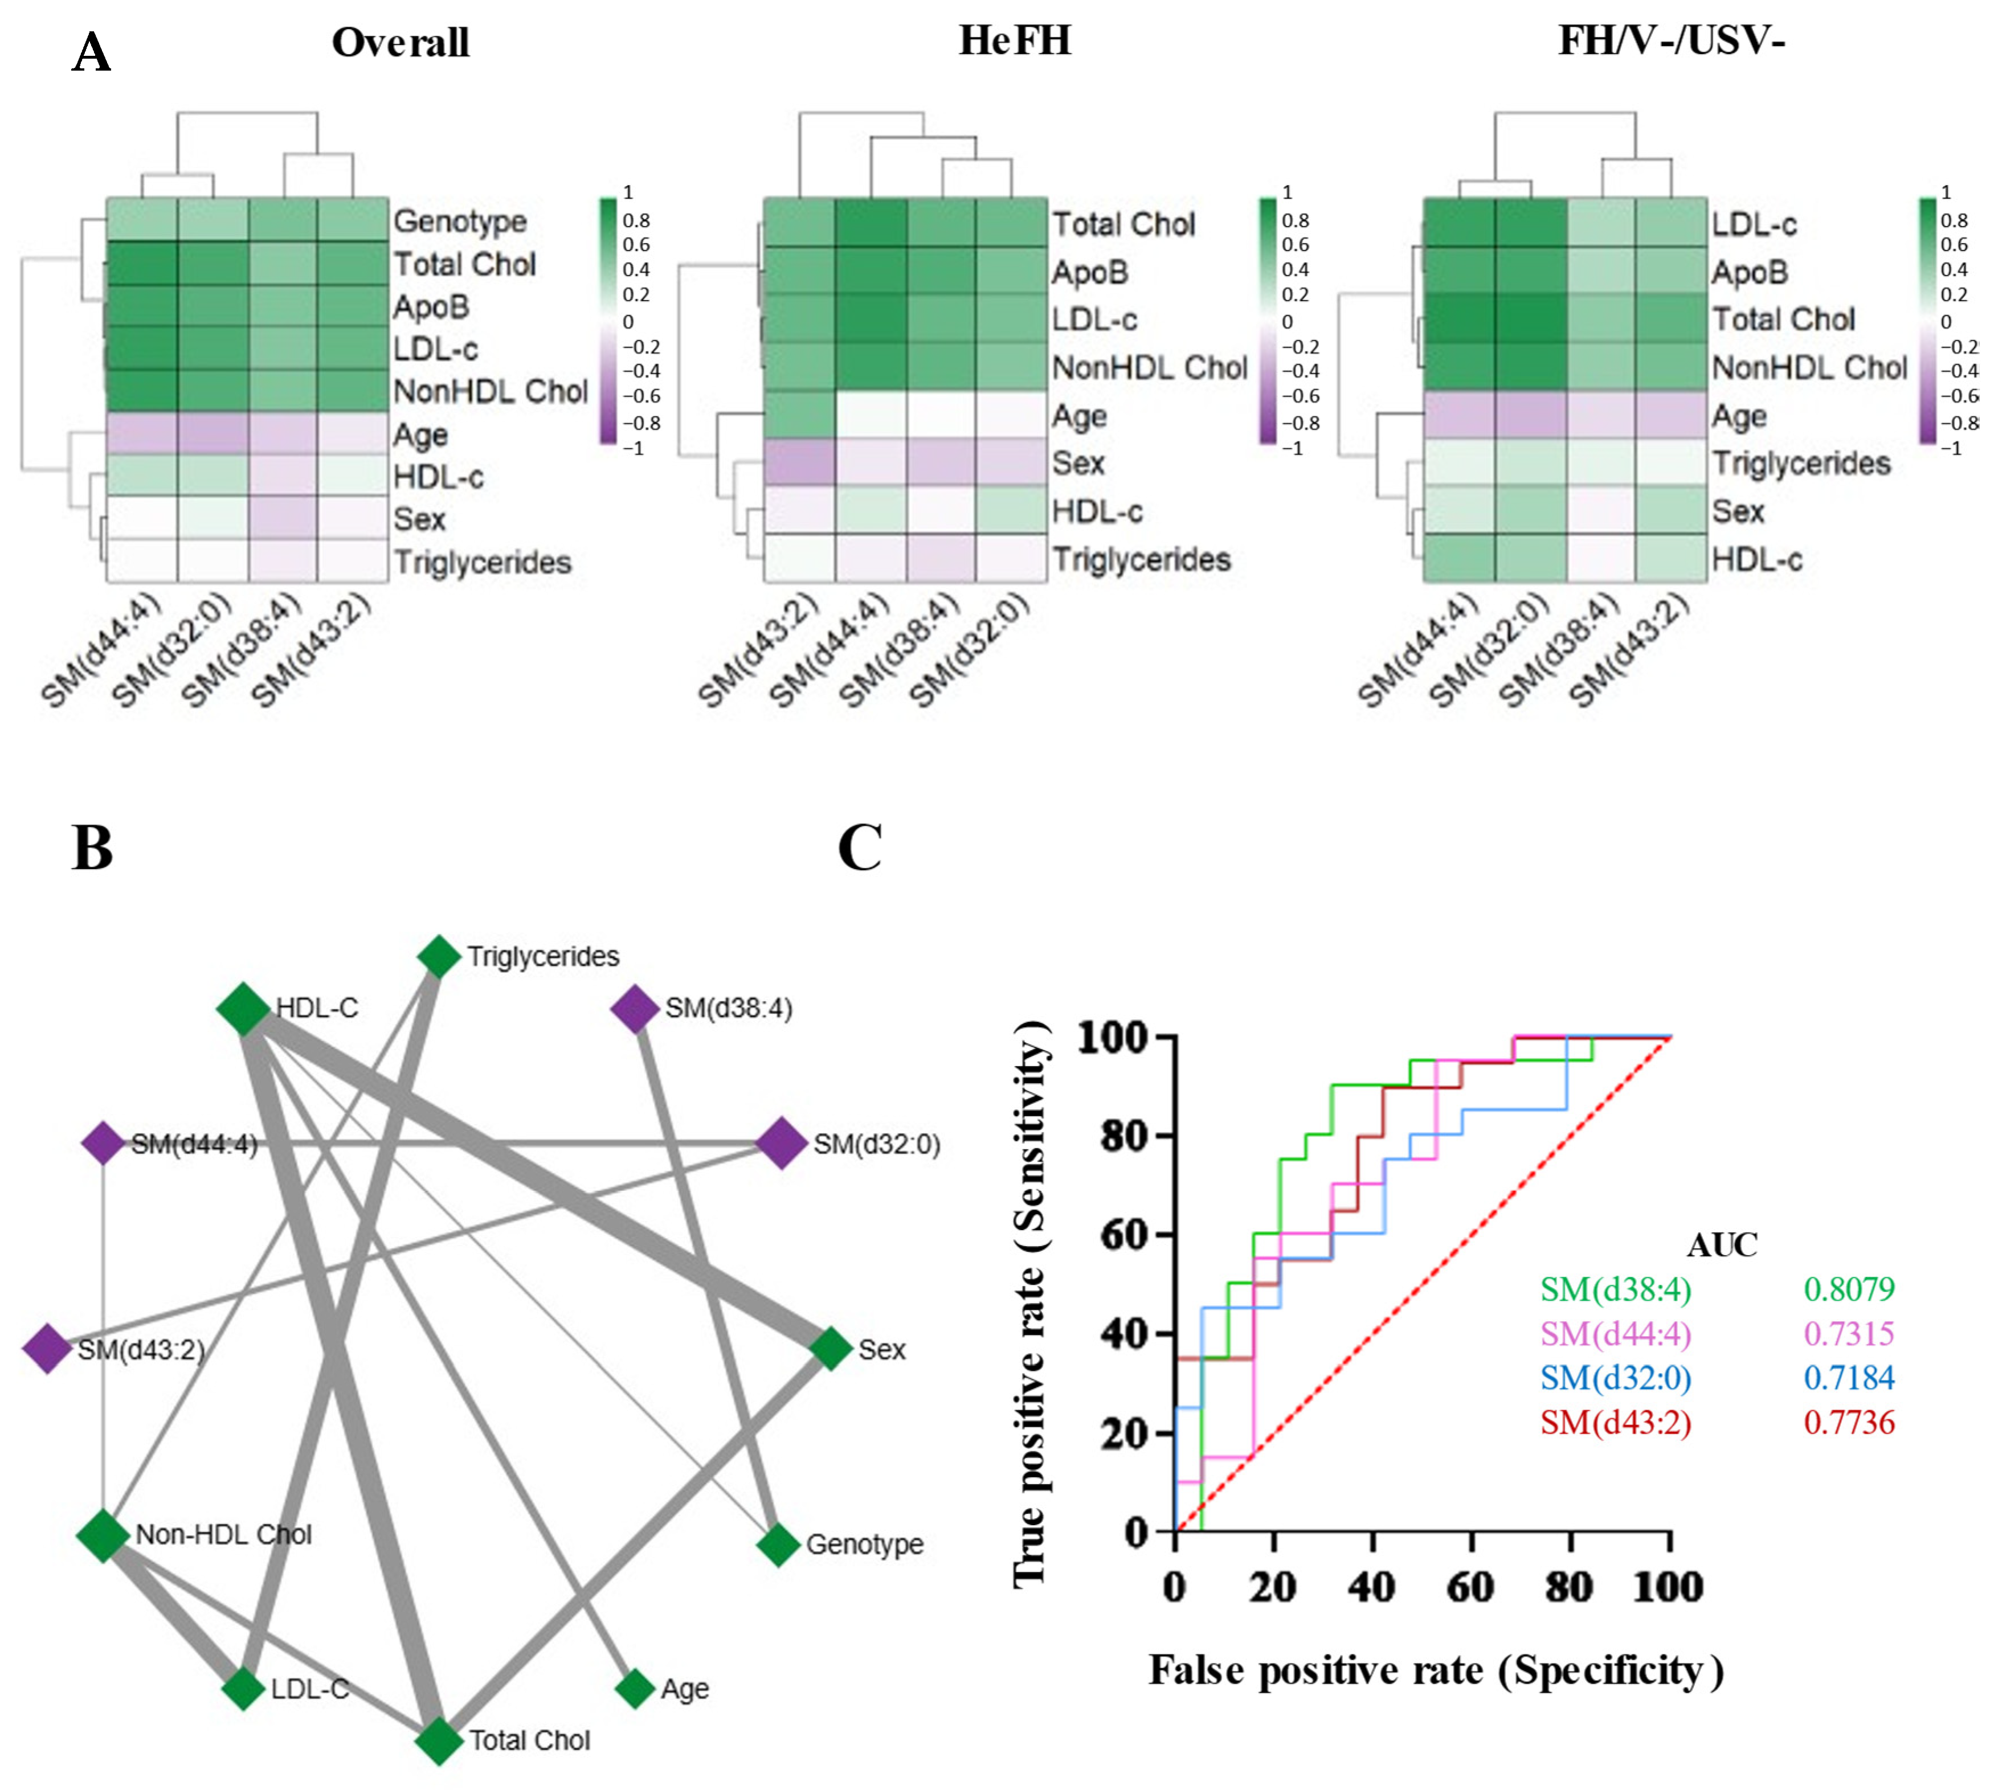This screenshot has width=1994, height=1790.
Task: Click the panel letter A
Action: [92, 52]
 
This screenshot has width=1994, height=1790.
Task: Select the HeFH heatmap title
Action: [1014, 42]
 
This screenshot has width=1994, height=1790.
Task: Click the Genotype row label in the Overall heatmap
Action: [459, 222]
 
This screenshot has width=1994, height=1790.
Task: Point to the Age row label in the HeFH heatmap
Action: [1079, 416]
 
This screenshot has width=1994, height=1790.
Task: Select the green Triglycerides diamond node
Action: [439, 956]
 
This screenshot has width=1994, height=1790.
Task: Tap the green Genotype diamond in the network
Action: [778, 1544]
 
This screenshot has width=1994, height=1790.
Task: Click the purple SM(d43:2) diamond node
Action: [46, 1349]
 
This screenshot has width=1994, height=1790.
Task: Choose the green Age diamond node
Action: [635, 1689]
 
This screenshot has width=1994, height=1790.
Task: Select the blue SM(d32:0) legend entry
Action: [1615, 1377]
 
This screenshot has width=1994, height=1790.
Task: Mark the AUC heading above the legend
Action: [1722, 1244]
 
